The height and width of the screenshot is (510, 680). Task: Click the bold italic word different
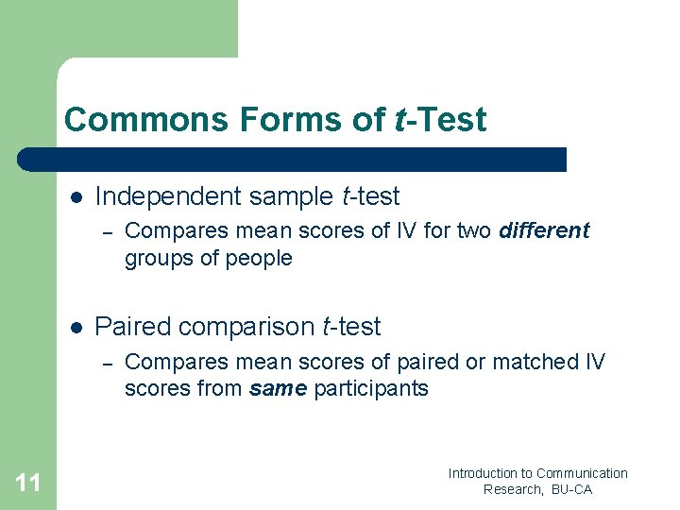click(544, 230)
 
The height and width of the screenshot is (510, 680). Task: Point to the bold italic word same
click(278, 388)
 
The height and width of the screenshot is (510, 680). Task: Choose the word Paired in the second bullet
click(127, 327)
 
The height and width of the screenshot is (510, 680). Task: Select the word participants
click(371, 388)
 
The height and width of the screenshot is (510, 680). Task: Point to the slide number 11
click(28, 484)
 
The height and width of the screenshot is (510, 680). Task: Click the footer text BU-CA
click(569, 489)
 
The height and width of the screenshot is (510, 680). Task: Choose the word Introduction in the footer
click(483, 473)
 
